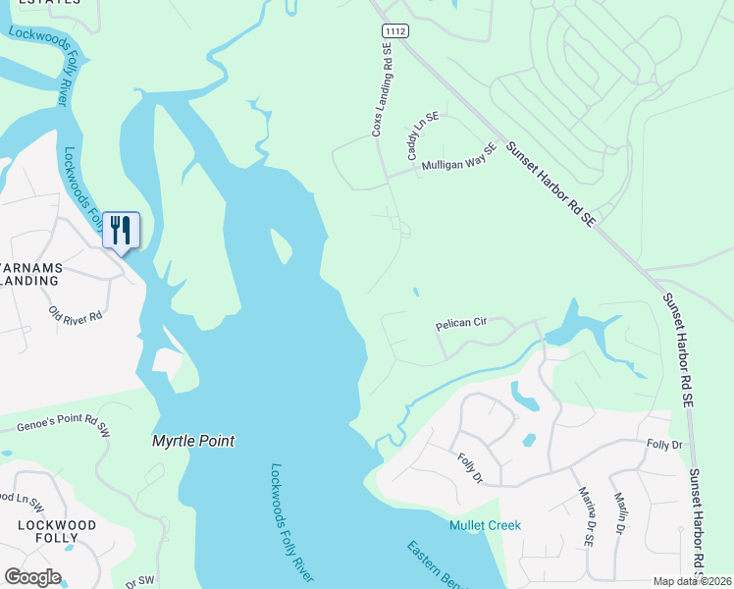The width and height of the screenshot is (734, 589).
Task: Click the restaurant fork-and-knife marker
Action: [122, 231]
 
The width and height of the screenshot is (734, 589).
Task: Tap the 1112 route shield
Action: [394, 32]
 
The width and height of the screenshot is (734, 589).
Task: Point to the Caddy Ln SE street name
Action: [423, 135]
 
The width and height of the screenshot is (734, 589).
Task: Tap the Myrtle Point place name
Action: [193, 442]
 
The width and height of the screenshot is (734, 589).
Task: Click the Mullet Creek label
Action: [485, 525]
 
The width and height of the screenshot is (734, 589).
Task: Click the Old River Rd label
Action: [76, 316]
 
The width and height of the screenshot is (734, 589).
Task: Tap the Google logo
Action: [32, 577]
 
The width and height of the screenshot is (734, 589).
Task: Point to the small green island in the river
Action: [281, 246]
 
